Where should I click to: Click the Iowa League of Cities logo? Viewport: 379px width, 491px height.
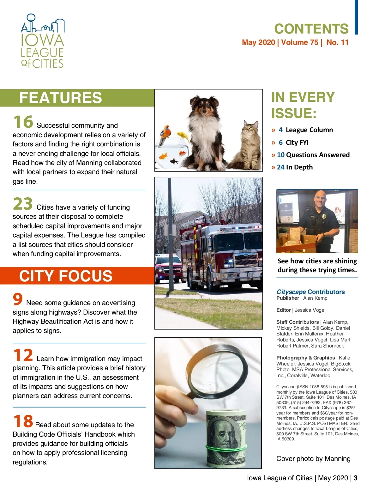click(x=42, y=41)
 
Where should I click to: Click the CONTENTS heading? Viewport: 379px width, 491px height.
click(x=311, y=29)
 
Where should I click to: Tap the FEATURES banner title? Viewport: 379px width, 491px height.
click(x=61, y=98)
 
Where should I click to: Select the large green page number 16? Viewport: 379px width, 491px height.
click(x=23, y=122)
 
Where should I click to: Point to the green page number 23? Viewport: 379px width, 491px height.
click(x=23, y=204)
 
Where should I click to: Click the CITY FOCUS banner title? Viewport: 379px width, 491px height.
click(x=66, y=276)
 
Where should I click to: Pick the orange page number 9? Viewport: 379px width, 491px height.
click(x=18, y=299)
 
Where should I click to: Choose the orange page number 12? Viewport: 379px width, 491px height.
click(x=23, y=355)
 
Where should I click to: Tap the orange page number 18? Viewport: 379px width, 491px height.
click(x=23, y=421)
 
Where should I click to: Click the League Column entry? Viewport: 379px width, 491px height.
click(x=309, y=130)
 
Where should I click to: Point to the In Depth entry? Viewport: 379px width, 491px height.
click(x=299, y=167)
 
